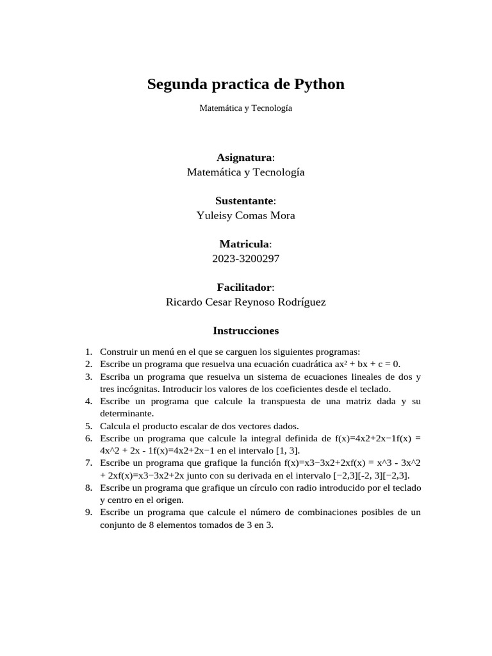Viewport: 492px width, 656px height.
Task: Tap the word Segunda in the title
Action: point(175,85)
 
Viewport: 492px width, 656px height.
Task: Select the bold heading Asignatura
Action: point(244,158)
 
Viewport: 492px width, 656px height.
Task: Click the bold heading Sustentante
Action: point(244,201)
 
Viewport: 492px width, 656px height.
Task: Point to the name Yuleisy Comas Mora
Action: point(246,216)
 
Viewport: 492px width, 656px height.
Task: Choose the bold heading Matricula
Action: point(245,244)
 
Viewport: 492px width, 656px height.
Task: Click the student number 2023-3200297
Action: point(246,259)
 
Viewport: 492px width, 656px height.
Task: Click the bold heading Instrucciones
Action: point(246,331)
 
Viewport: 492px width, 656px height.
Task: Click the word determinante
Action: point(127,413)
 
